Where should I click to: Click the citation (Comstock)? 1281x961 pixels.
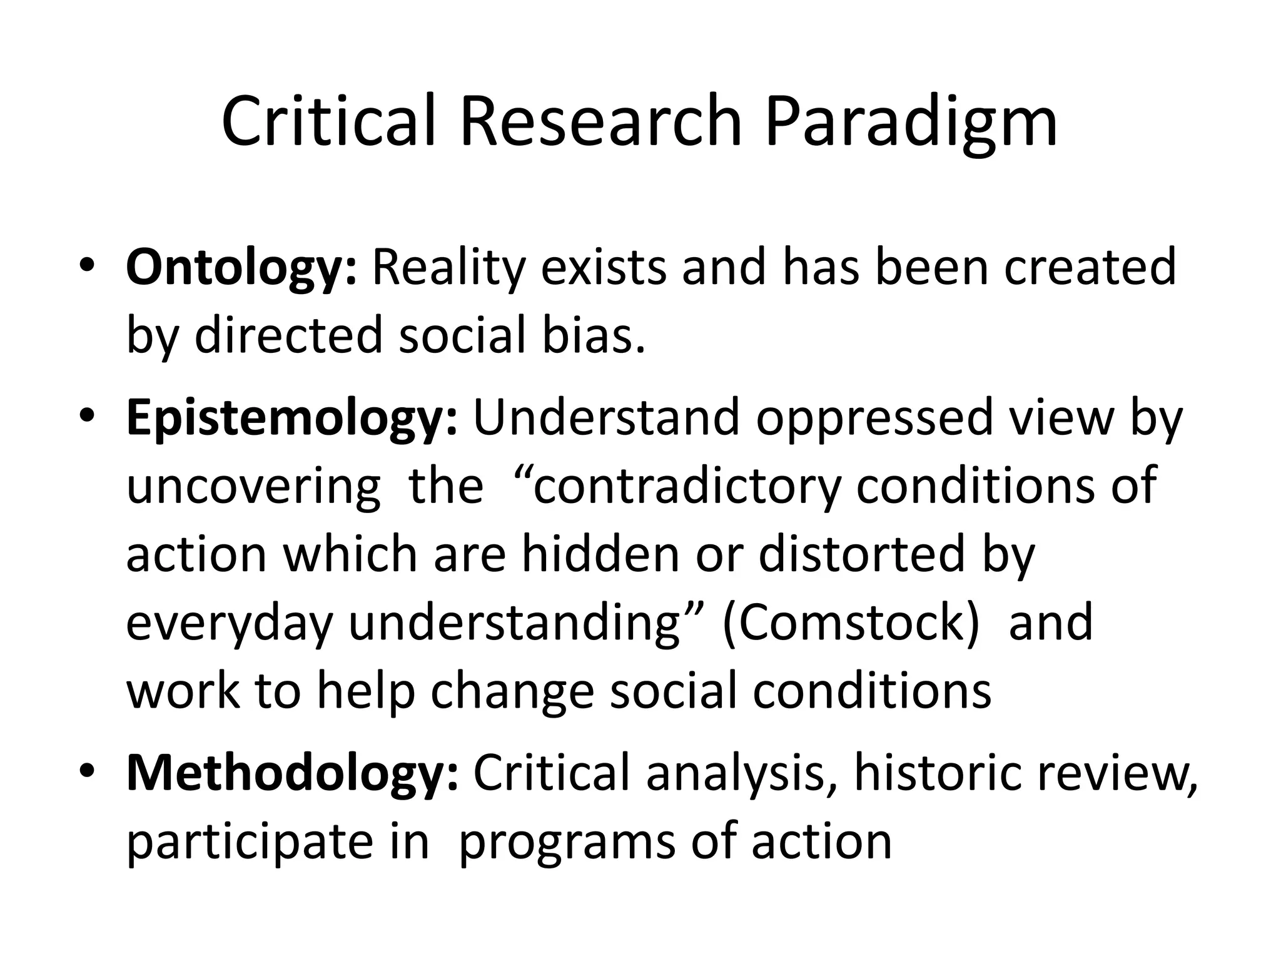point(851,623)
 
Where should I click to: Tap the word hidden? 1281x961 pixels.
point(601,554)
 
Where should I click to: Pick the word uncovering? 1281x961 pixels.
point(253,486)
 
